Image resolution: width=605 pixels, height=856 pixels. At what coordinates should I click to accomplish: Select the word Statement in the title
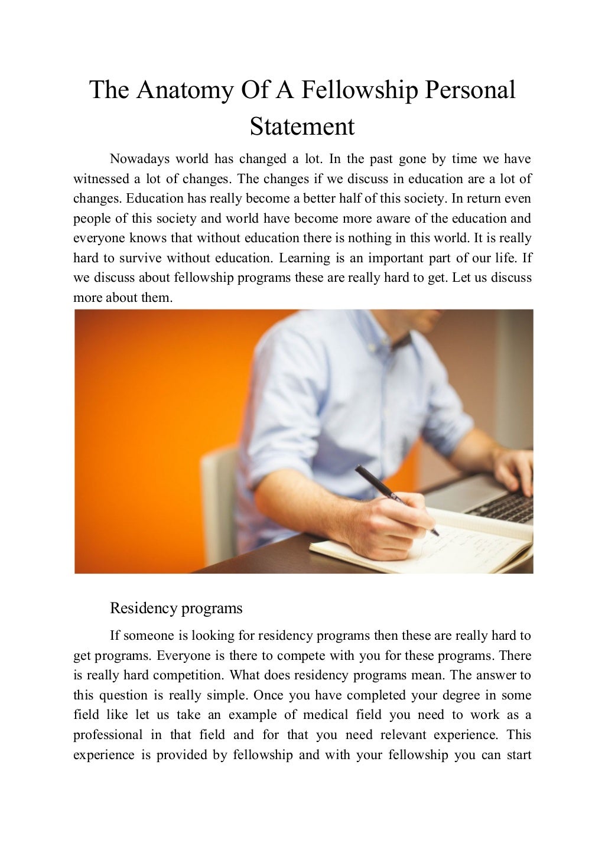(x=302, y=126)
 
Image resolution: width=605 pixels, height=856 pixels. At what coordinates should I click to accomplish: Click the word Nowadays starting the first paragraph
(x=139, y=159)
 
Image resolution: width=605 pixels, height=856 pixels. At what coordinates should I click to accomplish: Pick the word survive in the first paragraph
(x=140, y=258)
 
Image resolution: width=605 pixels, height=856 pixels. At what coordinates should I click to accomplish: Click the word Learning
(x=304, y=258)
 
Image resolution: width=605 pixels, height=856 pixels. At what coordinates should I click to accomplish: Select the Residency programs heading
(x=176, y=608)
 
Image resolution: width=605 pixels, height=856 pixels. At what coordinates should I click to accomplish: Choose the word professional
(x=108, y=735)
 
